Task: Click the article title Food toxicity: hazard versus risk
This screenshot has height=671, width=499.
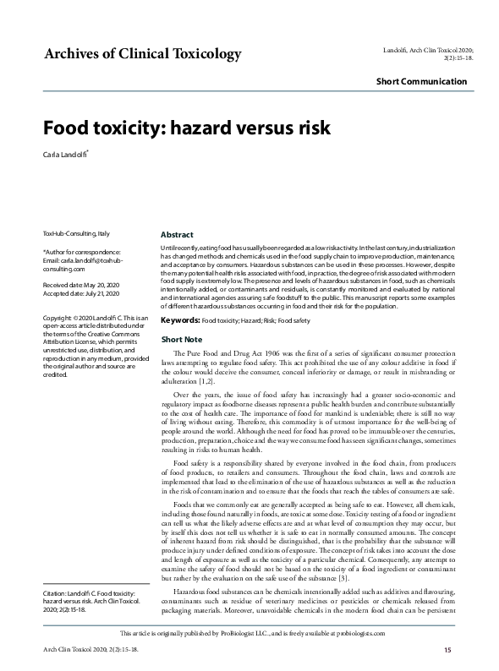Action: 186,128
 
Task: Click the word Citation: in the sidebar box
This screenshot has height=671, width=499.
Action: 58,595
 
